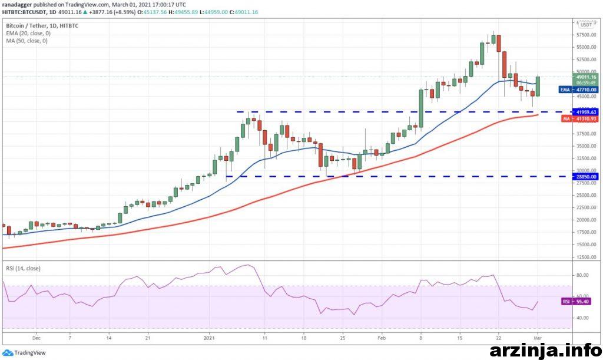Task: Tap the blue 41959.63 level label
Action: (586, 112)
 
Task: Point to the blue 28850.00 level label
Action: (586, 176)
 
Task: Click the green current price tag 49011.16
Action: (586, 77)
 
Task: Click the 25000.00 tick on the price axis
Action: (585, 195)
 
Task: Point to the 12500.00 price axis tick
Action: (585, 257)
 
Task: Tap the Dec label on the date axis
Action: (36, 338)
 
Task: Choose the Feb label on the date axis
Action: (382, 338)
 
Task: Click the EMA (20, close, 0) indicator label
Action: (27, 34)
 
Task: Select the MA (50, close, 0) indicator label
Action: (26, 41)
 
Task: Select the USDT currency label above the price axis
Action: (586, 25)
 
